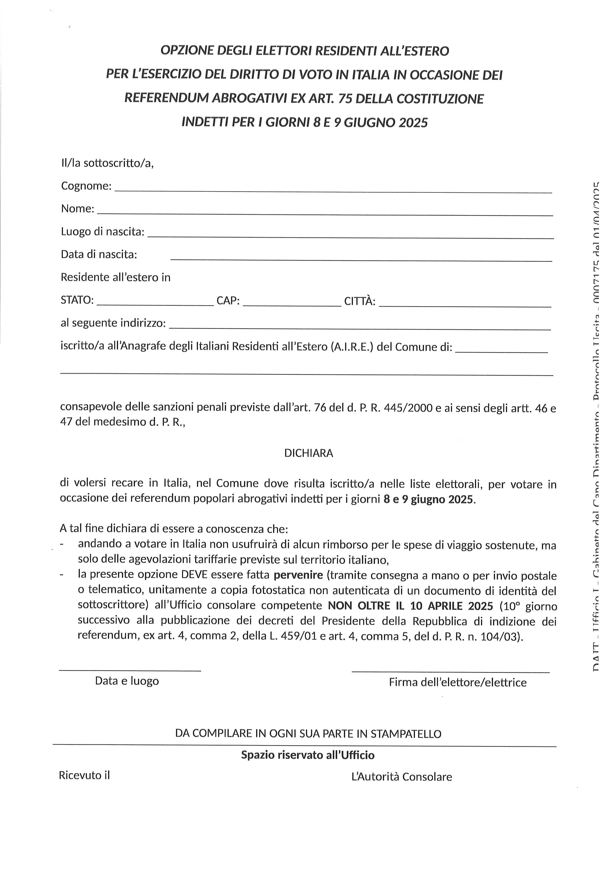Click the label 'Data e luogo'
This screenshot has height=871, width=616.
127,681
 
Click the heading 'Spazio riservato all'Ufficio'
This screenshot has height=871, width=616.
308,755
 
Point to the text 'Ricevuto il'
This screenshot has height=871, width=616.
84,775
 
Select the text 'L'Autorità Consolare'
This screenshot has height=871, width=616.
402,777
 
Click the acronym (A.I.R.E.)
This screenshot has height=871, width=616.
352,347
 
